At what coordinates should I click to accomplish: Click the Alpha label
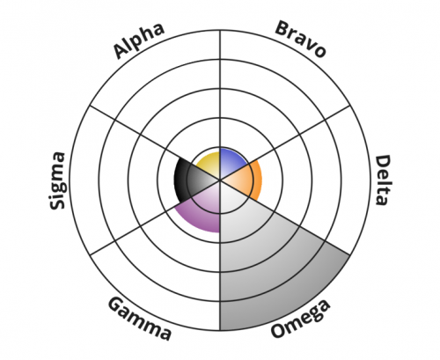139,40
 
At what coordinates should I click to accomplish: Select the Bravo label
301,39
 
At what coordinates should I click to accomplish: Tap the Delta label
384,180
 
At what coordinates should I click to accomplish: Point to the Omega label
300,319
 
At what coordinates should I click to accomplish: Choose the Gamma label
140,319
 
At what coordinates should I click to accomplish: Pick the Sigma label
57,180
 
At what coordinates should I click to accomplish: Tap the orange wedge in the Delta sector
246,180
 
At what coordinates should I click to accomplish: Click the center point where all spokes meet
220,180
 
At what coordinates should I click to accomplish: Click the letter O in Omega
279,329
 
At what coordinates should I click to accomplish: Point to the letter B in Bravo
282,29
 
